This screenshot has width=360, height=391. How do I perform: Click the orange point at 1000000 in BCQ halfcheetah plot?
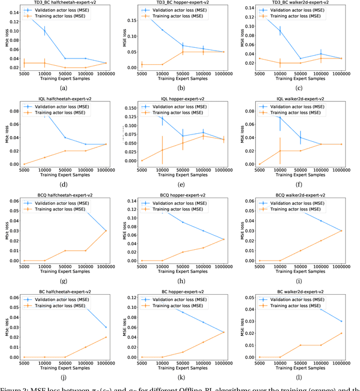(105, 231)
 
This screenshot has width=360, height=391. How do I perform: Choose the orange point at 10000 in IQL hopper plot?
(162, 150)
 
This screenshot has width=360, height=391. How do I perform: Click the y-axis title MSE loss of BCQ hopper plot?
(125, 231)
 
